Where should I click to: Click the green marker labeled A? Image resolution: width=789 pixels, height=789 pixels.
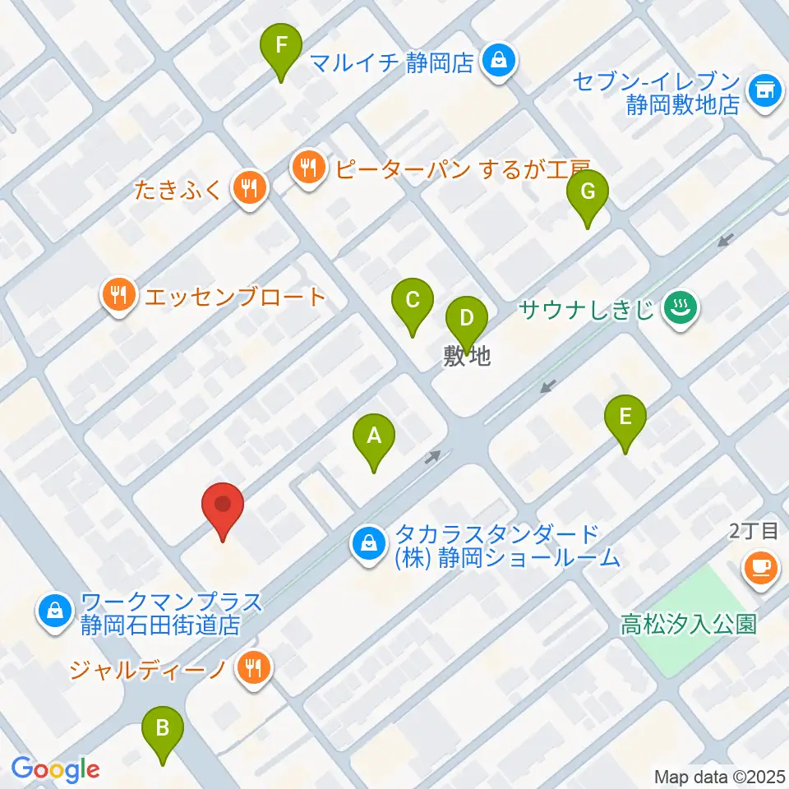pos(374,437)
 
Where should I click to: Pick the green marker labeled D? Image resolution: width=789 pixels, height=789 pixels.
pos(466,320)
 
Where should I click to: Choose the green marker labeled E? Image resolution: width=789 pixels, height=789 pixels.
pos(625,418)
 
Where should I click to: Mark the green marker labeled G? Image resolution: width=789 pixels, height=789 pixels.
pos(588,193)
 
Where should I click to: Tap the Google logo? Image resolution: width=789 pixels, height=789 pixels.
pos(55,769)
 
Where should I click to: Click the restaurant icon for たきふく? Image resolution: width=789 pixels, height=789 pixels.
pos(247,189)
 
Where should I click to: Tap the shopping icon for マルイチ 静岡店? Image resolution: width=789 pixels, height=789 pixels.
pos(497,62)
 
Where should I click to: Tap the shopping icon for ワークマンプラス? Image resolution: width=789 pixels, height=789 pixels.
pos(54,612)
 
